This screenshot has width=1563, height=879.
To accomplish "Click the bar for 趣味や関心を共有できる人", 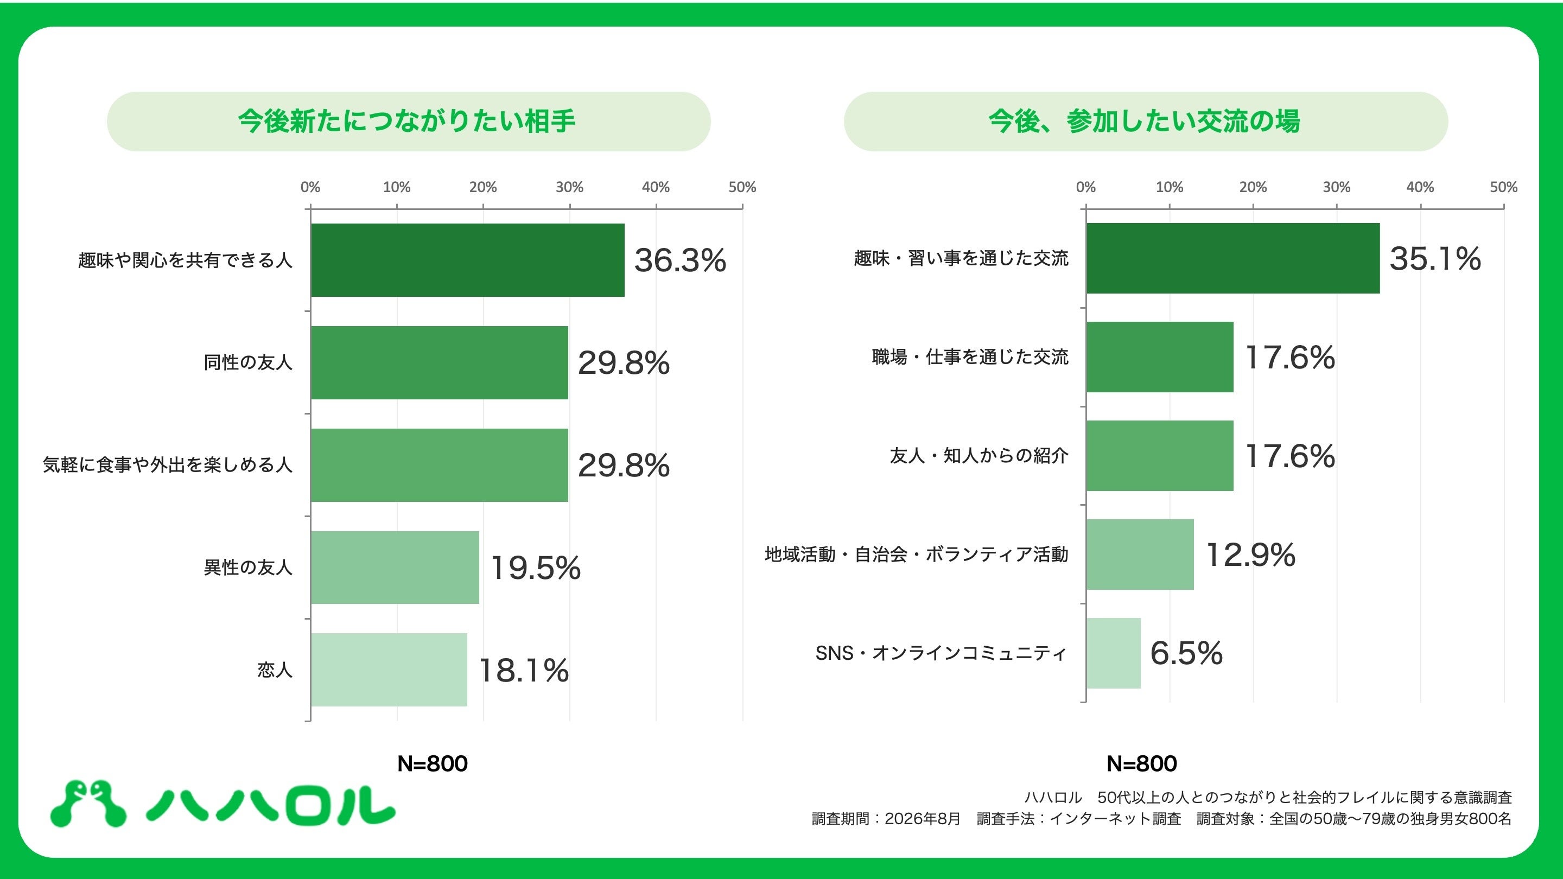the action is tap(468, 260).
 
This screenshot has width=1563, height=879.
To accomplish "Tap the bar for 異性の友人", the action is tap(395, 568).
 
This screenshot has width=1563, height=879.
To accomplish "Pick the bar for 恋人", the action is tap(389, 670).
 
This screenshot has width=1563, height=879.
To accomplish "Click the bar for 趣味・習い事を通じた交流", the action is tap(1233, 258).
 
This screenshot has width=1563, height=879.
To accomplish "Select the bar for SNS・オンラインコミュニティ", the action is tap(1114, 653).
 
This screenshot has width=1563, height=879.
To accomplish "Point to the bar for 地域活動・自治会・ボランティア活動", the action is tap(1140, 555).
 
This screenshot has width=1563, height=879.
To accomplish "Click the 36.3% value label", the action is tap(680, 260).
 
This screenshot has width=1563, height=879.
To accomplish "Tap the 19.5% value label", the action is tap(536, 568).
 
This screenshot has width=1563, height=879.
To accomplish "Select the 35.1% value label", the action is tap(1435, 258).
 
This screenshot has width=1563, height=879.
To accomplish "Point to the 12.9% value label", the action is tap(1250, 555).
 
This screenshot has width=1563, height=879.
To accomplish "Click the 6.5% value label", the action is tap(1186, 653).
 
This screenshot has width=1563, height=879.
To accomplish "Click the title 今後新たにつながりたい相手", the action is tap(406, 122).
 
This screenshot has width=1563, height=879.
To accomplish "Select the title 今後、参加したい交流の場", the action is tap(1145, 122).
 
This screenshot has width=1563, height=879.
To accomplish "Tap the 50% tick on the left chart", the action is tap(742, 187).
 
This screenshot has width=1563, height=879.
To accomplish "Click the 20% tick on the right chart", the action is tap(1253, 187).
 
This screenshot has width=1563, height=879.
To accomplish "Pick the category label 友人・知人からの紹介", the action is tap(979, 456).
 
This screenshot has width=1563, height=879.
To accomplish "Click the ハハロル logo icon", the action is tap(88, 804).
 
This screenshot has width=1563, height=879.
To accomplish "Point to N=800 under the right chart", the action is tap(1142, 764).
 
